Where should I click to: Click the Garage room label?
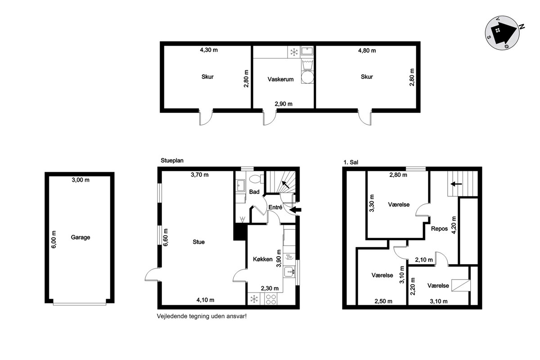(80, 237)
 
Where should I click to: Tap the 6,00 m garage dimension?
(54, 239)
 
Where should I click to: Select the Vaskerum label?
(281, 79)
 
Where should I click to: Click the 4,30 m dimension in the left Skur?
(209, 50)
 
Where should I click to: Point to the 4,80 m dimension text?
(367, 50)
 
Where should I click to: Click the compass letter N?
(522, 27)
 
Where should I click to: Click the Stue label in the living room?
(198, 242)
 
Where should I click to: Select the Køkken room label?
(262, 259)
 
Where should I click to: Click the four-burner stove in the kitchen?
(271, 299)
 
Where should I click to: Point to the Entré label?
(275, 207)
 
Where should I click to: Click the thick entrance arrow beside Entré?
(295, 210)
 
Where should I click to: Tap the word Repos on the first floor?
(439, 229)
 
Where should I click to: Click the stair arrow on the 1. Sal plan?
(456, 184)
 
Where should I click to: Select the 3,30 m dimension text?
(372, 203)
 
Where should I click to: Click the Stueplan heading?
(172, 161)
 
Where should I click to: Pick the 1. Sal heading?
(351, 162)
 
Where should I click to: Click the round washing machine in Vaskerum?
(308, 77)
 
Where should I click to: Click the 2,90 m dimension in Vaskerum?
(283, 104)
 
